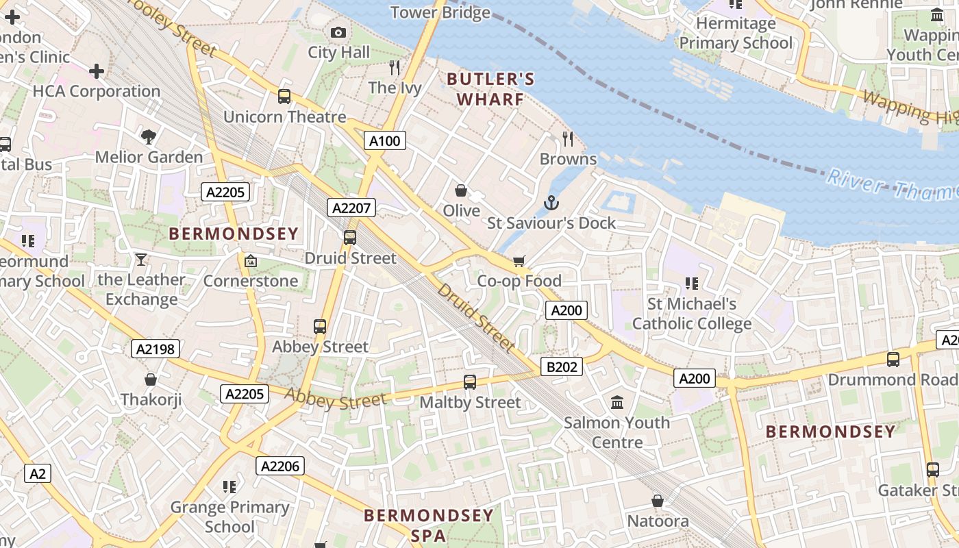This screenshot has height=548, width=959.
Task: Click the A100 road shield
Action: click(384, 141)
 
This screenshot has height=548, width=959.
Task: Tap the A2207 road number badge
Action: click(351, 208)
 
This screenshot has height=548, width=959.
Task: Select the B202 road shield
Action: click(562, 366)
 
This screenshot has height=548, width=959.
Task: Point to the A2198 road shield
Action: click(155, 349)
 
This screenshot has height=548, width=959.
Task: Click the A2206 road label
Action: click(280, 466)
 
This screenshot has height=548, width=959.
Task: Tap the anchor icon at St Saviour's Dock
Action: click(551, 203)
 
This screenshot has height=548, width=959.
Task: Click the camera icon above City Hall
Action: click(338, 32)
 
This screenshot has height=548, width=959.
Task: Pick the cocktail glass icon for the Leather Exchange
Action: click(141, 260)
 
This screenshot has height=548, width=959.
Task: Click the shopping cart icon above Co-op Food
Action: click(519, 261)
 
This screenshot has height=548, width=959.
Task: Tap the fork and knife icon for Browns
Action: click(568, 139)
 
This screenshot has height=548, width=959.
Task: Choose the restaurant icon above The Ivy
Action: click(395, 67)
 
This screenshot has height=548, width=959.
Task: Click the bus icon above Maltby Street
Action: click(470, 382)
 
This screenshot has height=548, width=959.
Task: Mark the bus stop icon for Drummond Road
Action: click(893, 359)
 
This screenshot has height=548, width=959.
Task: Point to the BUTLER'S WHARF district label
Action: click(490, 89)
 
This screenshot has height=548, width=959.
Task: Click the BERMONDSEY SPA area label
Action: click(429, 525)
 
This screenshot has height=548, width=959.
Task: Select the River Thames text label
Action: click(891, 185)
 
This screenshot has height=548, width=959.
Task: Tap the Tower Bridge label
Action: click(440, 12)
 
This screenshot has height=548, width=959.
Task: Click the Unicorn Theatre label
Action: click(285, 116)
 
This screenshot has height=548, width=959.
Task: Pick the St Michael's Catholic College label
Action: click(692, 313)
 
